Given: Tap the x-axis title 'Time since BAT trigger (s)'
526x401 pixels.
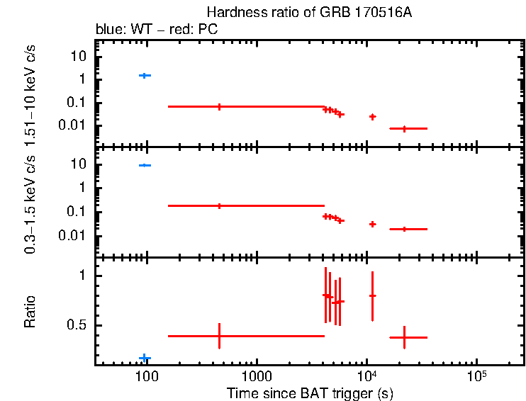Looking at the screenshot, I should pos(310,392).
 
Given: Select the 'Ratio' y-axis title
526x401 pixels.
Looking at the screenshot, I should pos(30,312).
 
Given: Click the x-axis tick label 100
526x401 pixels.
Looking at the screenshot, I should pos(146,375).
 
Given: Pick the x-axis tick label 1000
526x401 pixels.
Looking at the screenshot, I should pos(256,375).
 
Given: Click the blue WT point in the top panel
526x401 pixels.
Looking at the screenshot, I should pos(145,75).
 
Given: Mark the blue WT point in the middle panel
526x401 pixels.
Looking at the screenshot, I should pos(145,165).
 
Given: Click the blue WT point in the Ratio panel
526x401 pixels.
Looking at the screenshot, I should pos(145,358).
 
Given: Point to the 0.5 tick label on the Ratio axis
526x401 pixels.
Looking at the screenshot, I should pos(80,326).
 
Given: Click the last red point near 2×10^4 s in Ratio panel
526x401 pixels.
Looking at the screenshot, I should pos(404,337).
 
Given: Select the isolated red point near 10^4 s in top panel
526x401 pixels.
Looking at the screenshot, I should pos(372,116).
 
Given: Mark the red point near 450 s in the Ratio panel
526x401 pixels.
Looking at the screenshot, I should pos(219,336).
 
